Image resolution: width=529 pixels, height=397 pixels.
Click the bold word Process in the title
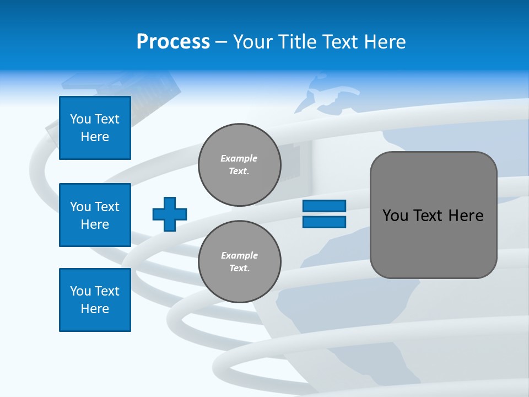point(173,42)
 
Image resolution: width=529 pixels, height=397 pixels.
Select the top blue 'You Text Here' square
point(95,128)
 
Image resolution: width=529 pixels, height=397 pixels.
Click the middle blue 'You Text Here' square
point(95,215)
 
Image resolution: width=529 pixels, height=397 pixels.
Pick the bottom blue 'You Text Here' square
point(95,299)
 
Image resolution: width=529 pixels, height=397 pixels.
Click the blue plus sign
point(170,214)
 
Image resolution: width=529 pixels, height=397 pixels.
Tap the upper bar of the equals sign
point(325,206)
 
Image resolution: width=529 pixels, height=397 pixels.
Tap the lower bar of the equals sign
point(325,222)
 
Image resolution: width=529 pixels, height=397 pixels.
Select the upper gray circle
point(239,165)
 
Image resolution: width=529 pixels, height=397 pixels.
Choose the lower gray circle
point(239,262)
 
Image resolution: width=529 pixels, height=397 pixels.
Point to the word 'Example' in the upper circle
point(239,158)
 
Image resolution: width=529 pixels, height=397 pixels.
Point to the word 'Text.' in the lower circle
point(239,269)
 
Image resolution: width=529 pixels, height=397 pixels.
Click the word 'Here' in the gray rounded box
point(466,216)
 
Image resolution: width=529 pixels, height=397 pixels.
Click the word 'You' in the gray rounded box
point(395,216)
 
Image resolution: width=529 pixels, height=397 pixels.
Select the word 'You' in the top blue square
point(80,119)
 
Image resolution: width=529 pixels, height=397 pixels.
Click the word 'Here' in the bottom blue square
point(95,309)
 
